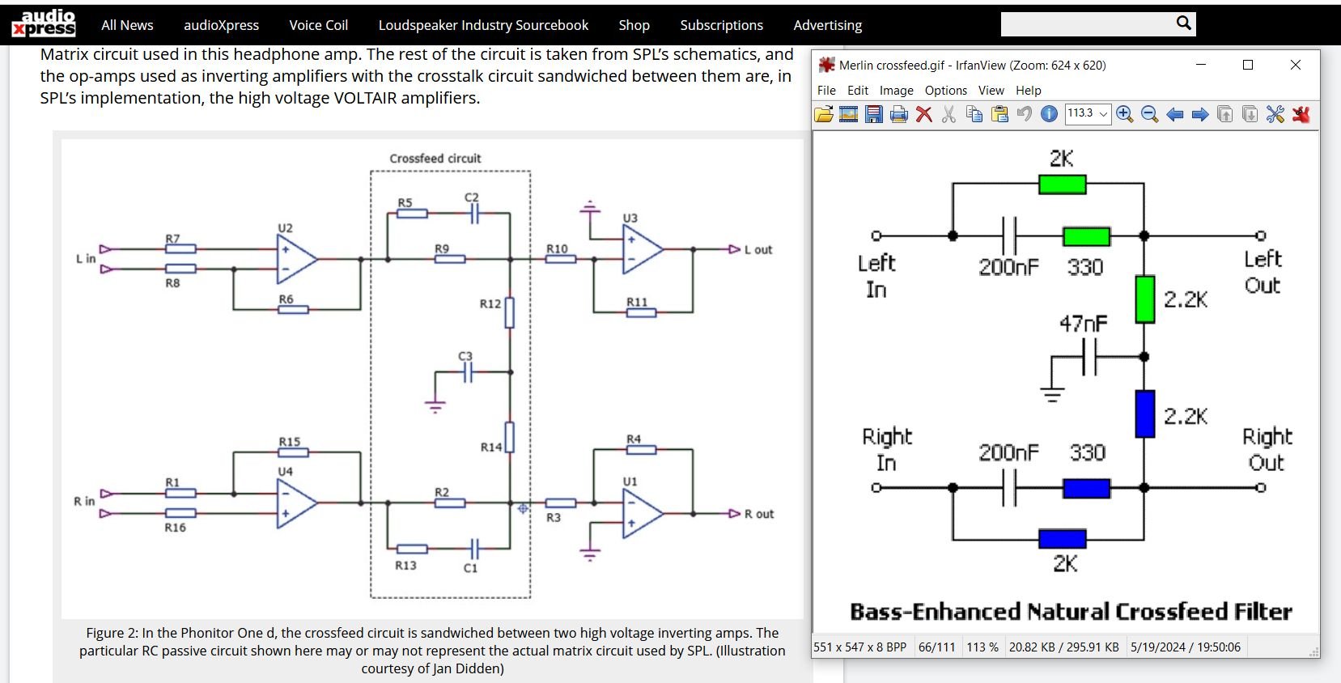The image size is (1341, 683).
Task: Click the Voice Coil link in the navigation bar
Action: pyautogui.click(x=319, y=25)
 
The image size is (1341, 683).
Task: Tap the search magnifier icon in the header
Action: pyautogui.click(x=1183, y=23)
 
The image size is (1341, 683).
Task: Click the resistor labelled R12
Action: pyautogui.click(x=510, y=312)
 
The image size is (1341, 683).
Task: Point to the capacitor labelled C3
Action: pyautogui.click(x=468, y=372)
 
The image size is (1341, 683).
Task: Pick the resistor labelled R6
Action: pyautogui.click(x=293, y=309)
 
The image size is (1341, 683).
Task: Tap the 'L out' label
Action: pyautogui.click(x=758, y=249)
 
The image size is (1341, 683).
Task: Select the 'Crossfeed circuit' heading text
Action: pyautogui.click(x=435, y=159)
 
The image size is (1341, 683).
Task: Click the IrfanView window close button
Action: pyautogui.click(x=1296, y=65)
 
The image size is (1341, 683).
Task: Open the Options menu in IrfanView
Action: pyautogui.click(x=946, y=91)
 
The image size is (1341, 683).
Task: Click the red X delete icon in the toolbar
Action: pyautogui.click(x=923, y=114)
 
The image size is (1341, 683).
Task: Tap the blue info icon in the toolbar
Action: pyautogui.click(x=1049, y=114)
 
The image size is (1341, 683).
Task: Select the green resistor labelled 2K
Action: pyautogui.click(x=1062, y=185)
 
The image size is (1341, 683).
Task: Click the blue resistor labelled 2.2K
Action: pyautogui.click(x=1144, y=414)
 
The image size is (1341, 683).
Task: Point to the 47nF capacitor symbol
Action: pyautogui.click(x=1089, y=357)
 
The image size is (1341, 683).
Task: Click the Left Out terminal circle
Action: pyautogui.click(x=1261, y=235)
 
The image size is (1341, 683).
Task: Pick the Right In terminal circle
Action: pyautogui.click(x=876, y=488)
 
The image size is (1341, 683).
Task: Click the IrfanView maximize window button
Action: pyautogui.click(x=1248, y=65)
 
